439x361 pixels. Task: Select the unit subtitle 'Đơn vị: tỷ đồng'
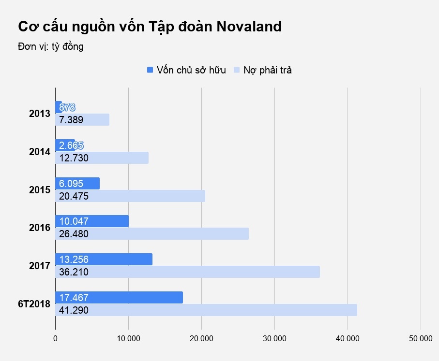coord(51,47)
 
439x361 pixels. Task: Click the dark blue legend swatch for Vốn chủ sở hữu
coord(150,70)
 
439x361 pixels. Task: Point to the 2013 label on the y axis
coord(40,114)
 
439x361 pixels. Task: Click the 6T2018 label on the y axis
coord(34,304)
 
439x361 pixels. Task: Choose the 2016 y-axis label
coord(40,228)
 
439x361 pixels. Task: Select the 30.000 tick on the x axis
coord(274,339)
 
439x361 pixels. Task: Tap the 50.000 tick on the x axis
coord(420,339)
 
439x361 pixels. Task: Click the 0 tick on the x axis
coord(56,339)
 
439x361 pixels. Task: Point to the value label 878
coord(67,107)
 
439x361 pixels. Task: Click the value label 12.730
coord(74,158)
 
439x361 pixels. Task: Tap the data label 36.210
coord(74,272)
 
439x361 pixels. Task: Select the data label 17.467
coord(74,298)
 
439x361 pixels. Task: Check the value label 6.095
coord(71,184)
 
